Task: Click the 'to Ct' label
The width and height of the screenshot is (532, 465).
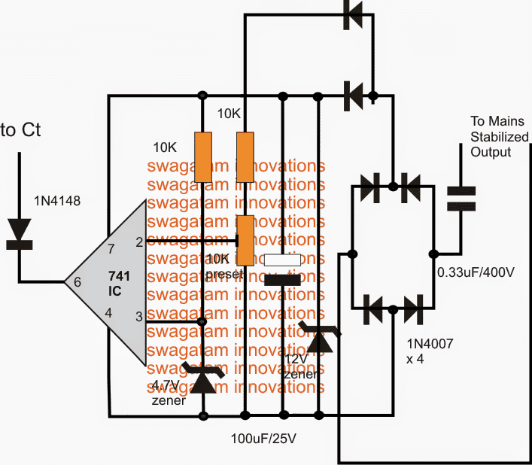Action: coord(21,130)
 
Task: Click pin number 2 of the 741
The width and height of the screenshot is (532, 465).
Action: coord(138,242)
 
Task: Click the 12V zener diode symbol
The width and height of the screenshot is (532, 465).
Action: coord(319,338)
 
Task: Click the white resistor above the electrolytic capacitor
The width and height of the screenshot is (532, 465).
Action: coord(282,260)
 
